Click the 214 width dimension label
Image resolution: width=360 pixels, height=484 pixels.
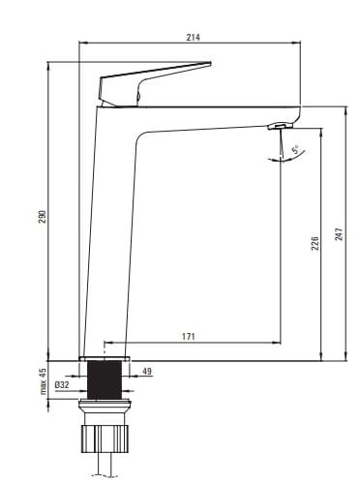(x=193, y=38)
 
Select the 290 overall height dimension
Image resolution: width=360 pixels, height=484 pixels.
(x=43, y=217)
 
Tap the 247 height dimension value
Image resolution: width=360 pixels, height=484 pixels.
(x=339, y=234)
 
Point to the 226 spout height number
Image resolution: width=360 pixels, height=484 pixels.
(x=315, y=243)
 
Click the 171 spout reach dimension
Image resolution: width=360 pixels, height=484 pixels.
(x=189, y=337)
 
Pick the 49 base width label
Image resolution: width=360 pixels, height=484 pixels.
(x=147, y=372)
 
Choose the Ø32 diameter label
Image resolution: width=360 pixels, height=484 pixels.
(x=62, y=385)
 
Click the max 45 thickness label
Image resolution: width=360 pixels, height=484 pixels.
(x=44, y=381)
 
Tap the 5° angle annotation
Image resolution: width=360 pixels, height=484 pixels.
(x=295, y=149)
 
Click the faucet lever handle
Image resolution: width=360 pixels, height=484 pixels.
(x=152, y=84)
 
